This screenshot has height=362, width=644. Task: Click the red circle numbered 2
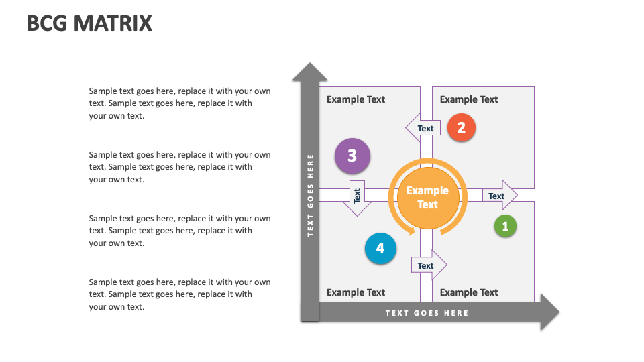point(461,127)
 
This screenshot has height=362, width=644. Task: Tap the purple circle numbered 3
point(352,156)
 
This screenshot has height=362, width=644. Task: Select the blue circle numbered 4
point(380,249)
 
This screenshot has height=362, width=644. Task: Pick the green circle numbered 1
point(505,226)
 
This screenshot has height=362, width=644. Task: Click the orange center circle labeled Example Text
point(427,198)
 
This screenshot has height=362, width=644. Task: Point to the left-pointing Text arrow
point(423,128)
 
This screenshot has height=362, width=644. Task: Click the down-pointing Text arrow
point(357,197)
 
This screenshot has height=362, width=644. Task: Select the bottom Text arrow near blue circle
point(428,265)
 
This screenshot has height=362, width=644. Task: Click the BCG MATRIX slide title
point(89,24)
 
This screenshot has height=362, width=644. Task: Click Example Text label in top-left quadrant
point(356,99)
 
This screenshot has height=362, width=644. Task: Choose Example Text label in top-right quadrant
point(469,99)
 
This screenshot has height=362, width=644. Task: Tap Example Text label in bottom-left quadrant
point(356,292)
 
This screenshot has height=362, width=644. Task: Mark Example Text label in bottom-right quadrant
point(469,292)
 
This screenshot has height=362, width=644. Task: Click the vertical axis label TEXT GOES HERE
point(311,195)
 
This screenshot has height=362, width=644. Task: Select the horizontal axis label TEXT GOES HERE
point(427,313)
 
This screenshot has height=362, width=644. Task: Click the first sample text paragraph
point(180,103)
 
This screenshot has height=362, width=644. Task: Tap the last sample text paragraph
point(180,294)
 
